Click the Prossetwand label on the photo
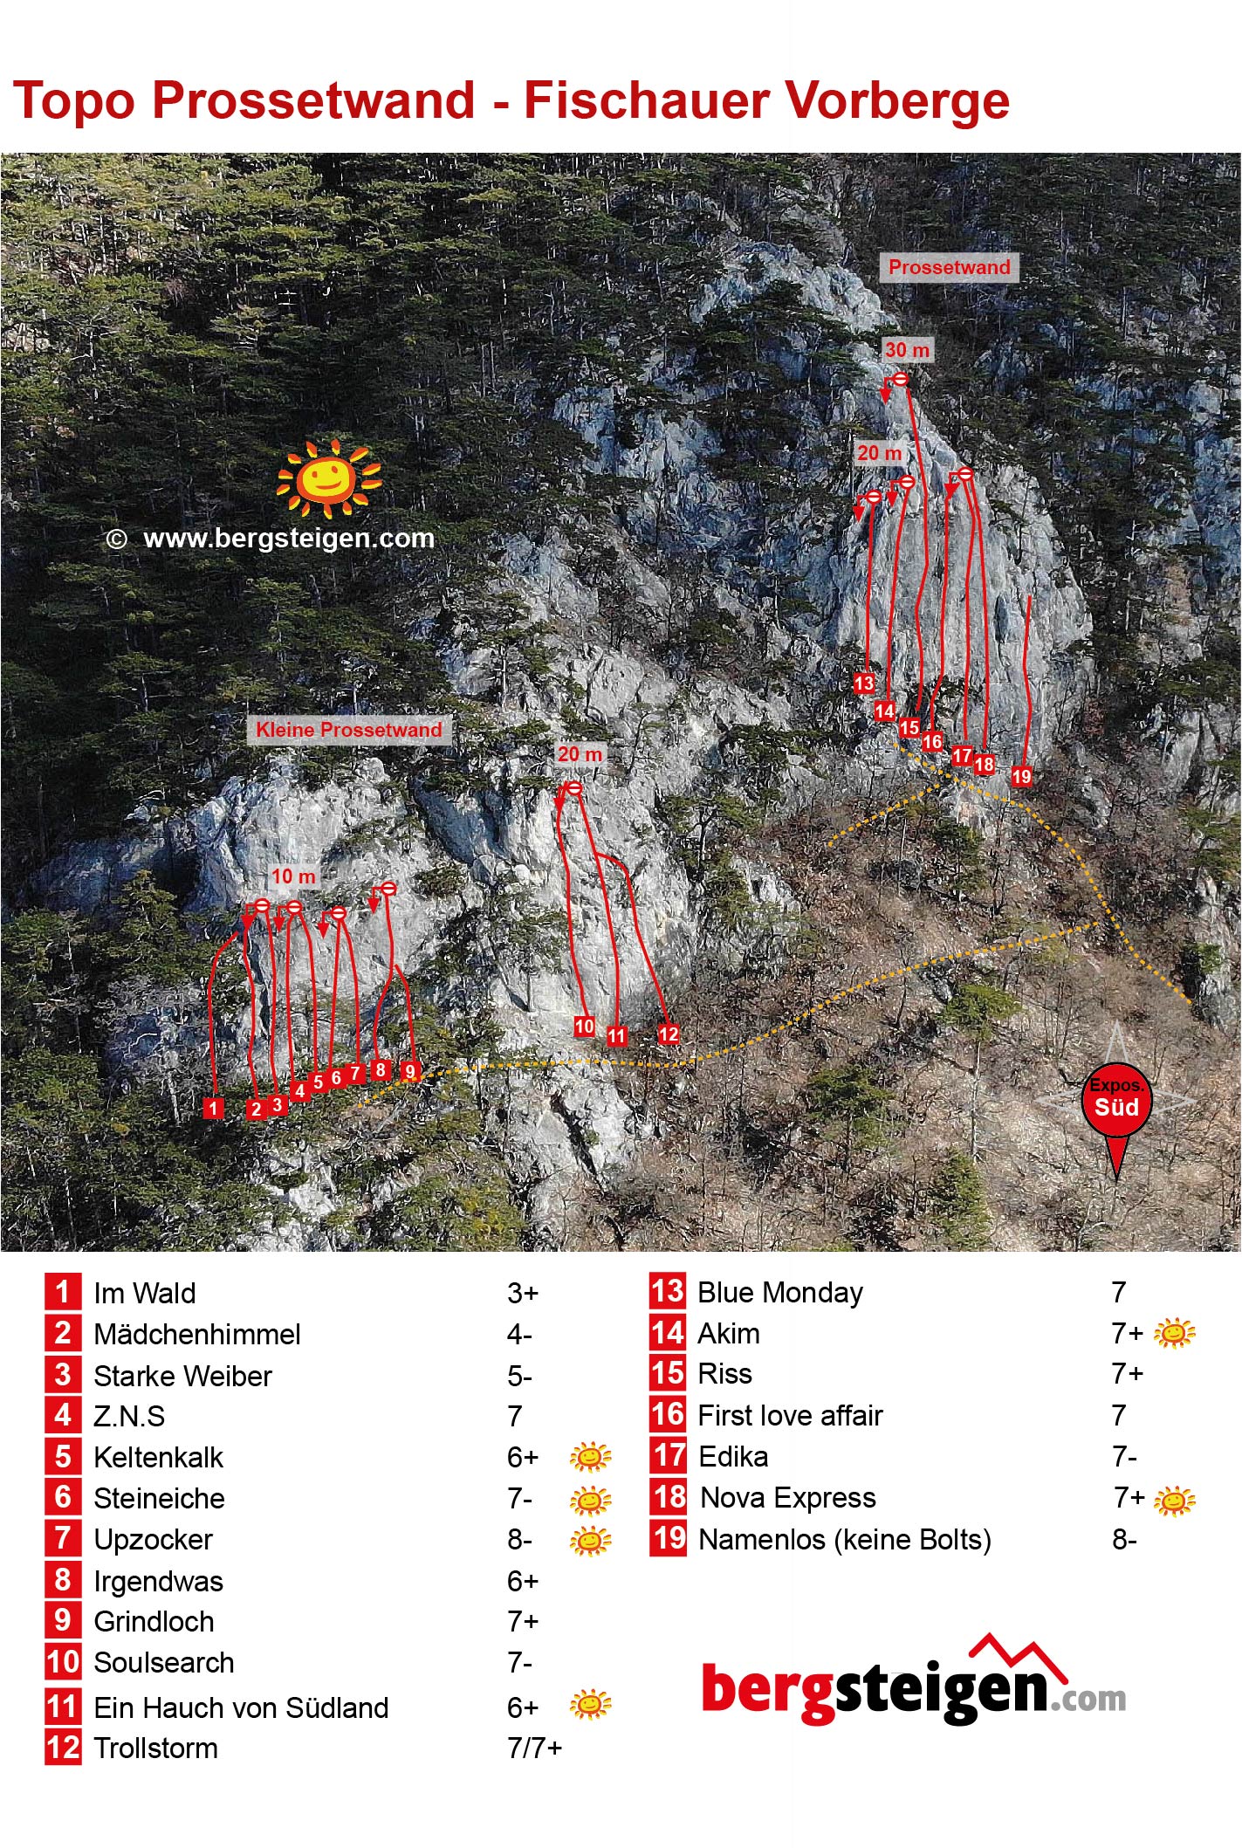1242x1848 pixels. coord(949,267)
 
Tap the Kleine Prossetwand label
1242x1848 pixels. coord(349,730)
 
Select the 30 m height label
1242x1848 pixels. coord(908,350)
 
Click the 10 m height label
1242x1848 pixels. coord(293,876)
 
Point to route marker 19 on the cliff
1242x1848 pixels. coord(1021,776)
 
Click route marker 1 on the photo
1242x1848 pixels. coord(213,1108)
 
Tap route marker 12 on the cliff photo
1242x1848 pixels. coord(669,1034)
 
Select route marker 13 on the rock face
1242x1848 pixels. coord(864,683)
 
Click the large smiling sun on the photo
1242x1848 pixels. coord(328,477)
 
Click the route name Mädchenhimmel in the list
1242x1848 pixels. coord(197,1334)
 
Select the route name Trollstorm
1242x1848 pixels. coord(156,1748)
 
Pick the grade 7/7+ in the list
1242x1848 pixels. coord(535,1748)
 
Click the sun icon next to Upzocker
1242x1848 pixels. coord(591,1541)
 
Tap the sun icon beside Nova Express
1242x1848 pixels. coord(1175,1500)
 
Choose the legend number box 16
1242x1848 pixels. coord(669,1415)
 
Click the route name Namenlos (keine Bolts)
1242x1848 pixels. coord(845,1541)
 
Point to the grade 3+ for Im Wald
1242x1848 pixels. coord(524,1293)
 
